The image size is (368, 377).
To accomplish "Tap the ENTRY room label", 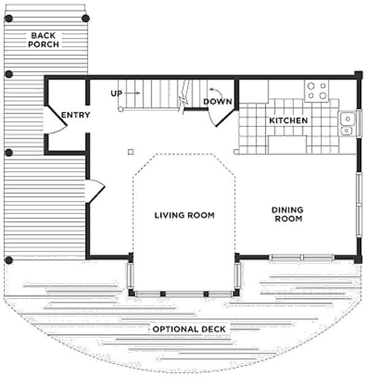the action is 75,115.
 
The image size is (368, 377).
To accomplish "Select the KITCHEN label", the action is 288,121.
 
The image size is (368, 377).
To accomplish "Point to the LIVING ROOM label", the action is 184,215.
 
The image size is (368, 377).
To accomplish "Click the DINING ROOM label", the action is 288,214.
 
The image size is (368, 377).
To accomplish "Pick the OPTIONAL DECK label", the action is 189,329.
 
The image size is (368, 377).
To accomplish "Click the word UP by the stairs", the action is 117,93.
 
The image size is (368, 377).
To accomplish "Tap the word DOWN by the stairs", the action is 217,102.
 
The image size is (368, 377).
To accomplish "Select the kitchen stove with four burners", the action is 316,91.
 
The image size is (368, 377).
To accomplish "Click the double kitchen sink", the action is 347,123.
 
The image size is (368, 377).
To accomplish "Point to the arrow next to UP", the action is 135,93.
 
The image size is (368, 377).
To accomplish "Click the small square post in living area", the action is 130,151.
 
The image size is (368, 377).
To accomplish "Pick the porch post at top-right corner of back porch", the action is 86,18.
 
